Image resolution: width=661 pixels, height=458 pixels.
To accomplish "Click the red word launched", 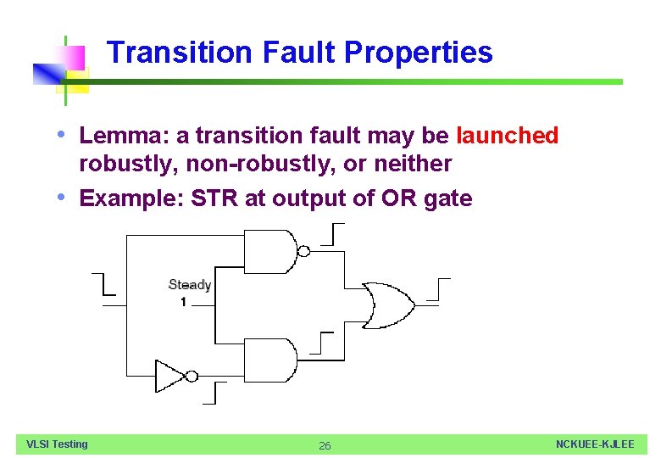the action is (x=508, y=136).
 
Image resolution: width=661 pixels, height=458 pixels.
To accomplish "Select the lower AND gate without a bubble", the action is (x=269, y=360).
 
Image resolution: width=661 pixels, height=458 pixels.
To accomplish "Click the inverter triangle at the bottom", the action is (x=169, y=376).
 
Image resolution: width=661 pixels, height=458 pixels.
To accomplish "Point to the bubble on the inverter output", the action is (x=192, y=376).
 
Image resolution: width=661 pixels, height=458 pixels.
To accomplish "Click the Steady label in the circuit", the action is (x=189, y=285).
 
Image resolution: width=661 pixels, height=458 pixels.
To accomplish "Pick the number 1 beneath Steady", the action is (x=183, y=302).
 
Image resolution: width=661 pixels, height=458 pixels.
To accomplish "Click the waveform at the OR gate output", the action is (x=438, y=289).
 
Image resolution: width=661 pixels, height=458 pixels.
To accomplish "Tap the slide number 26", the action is (x=325, y=446).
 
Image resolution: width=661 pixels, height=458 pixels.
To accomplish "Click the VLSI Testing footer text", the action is (x=57, y=444).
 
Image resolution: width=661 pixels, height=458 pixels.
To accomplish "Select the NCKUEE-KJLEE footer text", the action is (x=595, y=444).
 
